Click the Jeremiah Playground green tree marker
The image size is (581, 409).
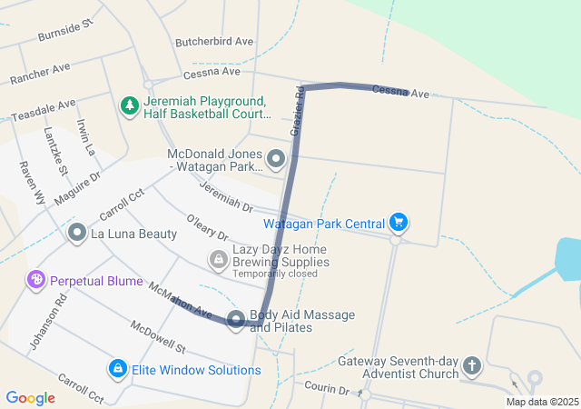(x=130, y=105)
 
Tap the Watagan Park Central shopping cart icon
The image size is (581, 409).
(x=398, y=222)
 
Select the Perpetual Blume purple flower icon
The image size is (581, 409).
(x=36, y=280)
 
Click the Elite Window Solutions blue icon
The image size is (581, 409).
(x=117, y=369)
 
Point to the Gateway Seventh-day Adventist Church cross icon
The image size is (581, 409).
(x=471, y=365)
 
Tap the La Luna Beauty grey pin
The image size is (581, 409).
(x=76, y=234)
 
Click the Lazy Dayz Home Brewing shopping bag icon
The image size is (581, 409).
(x=218, y=261)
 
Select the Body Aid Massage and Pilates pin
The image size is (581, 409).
(x=236, y=319)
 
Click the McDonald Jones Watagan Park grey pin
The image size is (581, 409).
(x=276, y=161)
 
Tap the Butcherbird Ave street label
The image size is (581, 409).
(x=214, y=42)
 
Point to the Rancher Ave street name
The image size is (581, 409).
(x=40, y=75)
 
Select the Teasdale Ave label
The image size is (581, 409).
(x=43, y=111)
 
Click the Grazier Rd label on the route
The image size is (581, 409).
(x=297, y=112)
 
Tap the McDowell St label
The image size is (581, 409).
(x=157, y=336)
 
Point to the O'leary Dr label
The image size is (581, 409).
(x=207, y=227)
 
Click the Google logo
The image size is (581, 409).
(x=30, y=397)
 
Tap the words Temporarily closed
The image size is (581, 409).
(x=275, y=274)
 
